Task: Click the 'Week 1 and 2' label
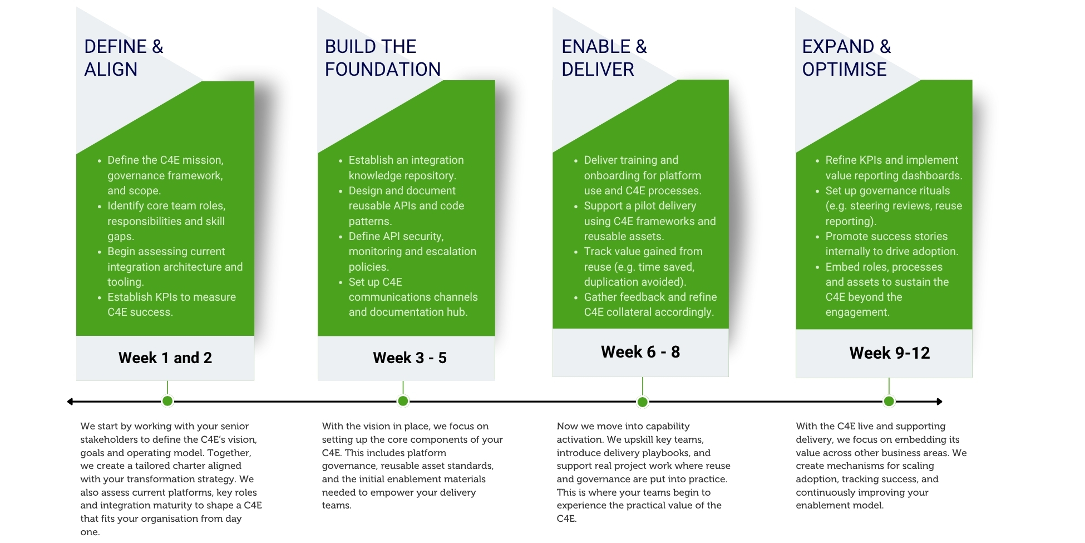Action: pos(165,358)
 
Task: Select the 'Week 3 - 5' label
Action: pos(410,358)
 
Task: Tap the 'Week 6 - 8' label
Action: pos(640,352)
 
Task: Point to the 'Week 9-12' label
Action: pos(889,353)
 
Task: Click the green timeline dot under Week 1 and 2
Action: pos(167,401)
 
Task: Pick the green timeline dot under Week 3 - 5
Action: pos(403,401)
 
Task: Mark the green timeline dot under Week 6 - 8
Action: pos(643,402)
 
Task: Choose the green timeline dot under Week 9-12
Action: pos(889,401)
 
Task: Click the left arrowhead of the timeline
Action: pos(70,402)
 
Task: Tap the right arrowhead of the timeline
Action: pos(939,402)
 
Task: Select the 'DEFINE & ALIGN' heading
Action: pos(124,58)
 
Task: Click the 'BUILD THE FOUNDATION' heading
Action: pos(383,58)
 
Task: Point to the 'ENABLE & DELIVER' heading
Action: pos(604,58)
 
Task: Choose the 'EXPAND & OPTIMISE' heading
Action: pos(846,58)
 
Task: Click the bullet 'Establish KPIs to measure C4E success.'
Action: pos(167,305)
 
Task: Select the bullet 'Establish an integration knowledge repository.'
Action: pos(402,168)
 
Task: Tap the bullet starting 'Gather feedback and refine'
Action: pos(645,305)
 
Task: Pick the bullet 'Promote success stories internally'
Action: pos(887,244)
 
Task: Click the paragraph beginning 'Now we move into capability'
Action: pos(643,472)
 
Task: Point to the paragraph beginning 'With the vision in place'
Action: pos(412,466)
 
